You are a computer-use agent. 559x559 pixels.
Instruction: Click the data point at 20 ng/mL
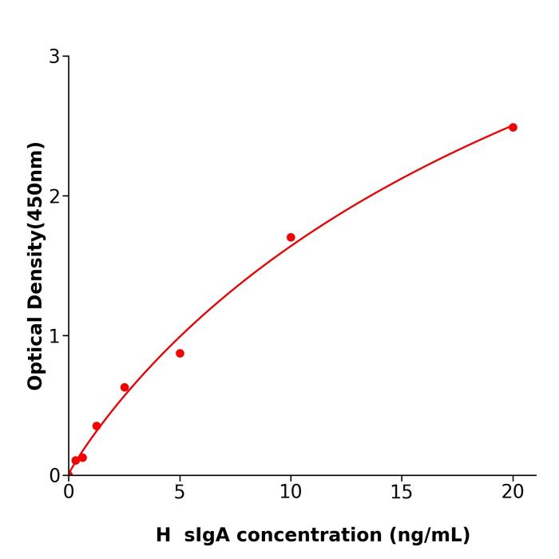pos(513,127)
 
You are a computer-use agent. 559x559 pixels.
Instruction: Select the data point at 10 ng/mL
pos(291,237)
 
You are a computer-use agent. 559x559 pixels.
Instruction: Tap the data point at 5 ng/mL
pos(180,353)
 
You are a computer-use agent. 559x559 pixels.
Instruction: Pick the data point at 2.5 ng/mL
pos(125,387)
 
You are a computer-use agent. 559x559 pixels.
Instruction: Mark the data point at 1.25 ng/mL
pos(97,426)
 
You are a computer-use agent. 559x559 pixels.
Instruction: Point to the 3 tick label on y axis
pos(54,57)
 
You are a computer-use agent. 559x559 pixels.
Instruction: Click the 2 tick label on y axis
pos(54,196)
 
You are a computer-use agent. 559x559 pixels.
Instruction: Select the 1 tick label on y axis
pos(54,336)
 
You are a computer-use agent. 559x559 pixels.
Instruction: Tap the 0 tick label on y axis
pos(54,476)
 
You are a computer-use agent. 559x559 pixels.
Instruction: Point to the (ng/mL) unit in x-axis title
pos(429,535)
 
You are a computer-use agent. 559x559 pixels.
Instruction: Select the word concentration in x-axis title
pos(308,535)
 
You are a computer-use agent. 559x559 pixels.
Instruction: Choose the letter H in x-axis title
pos(163,535)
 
